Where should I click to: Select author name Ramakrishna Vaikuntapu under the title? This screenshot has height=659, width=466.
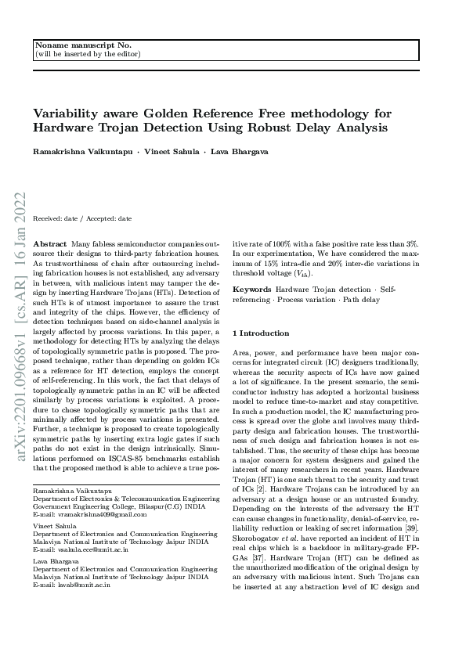pos(82,151)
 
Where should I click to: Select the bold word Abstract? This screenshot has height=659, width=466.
pos(51,245)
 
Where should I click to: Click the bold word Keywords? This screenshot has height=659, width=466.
pos(252,290)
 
